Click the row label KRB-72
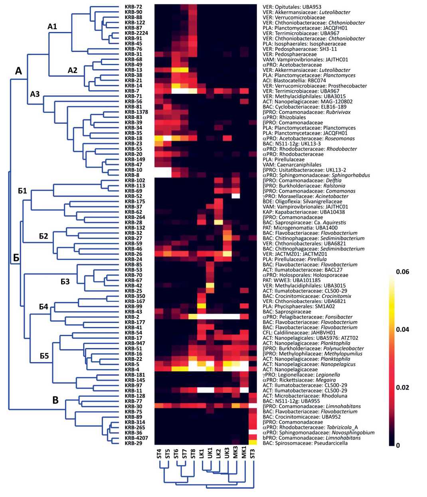[133, 7]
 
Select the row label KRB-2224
[136, 33]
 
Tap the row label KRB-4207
[136, 438]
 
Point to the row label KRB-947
[134, 343]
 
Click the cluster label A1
[52, 27]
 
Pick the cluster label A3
[35, 94]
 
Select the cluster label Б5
[44, 356]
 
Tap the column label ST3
[252, 454]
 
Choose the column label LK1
[202, 454]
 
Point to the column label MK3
[235, 454]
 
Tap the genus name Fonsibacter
[338, 317]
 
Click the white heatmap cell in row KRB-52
[235, 196]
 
